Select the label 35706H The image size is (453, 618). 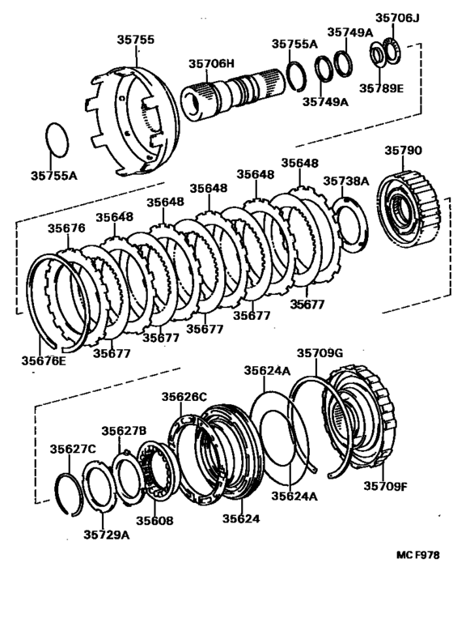(211, 63)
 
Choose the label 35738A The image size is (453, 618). (346, 181)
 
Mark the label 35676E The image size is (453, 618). (44, 361)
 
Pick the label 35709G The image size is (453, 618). (320, 353)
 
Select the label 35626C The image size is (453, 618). (184, 396)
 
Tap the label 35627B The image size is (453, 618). (124, 431)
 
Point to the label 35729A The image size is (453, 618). (106, 535)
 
